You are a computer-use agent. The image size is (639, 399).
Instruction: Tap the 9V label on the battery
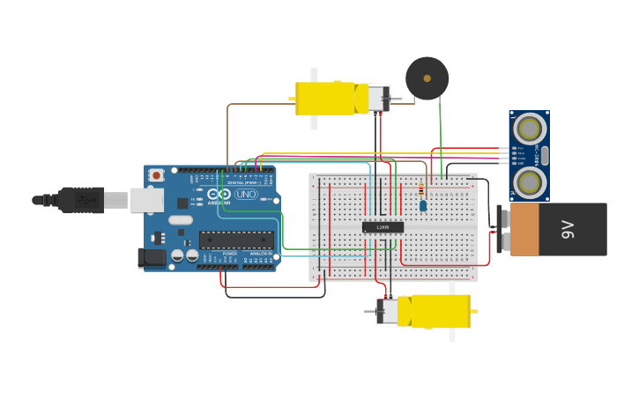(568, 230)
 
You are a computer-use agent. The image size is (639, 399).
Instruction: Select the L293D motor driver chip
(383, 227)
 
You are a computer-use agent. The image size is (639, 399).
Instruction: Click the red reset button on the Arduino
(157, 175)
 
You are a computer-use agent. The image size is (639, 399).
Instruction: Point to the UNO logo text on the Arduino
(245, 194)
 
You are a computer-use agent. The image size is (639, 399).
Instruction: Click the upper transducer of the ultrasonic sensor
(529, 129)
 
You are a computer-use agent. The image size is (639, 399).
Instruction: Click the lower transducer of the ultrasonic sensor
(529, 182)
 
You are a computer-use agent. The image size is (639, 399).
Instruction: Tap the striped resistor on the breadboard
(420, 188)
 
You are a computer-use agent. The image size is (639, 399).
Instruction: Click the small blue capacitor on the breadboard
(423, 205)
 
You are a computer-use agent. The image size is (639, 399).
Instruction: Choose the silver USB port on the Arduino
(146, 200)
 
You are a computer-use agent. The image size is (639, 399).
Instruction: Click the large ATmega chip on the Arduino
(235, 239)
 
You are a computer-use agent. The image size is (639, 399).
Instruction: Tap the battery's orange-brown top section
(524, 230)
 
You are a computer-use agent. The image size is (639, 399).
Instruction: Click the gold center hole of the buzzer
(427, 78)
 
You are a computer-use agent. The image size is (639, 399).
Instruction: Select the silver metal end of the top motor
(377, 98)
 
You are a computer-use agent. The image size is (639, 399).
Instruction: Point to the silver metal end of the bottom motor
(388, 311)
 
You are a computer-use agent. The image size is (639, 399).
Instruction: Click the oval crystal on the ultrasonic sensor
(544, 156)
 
